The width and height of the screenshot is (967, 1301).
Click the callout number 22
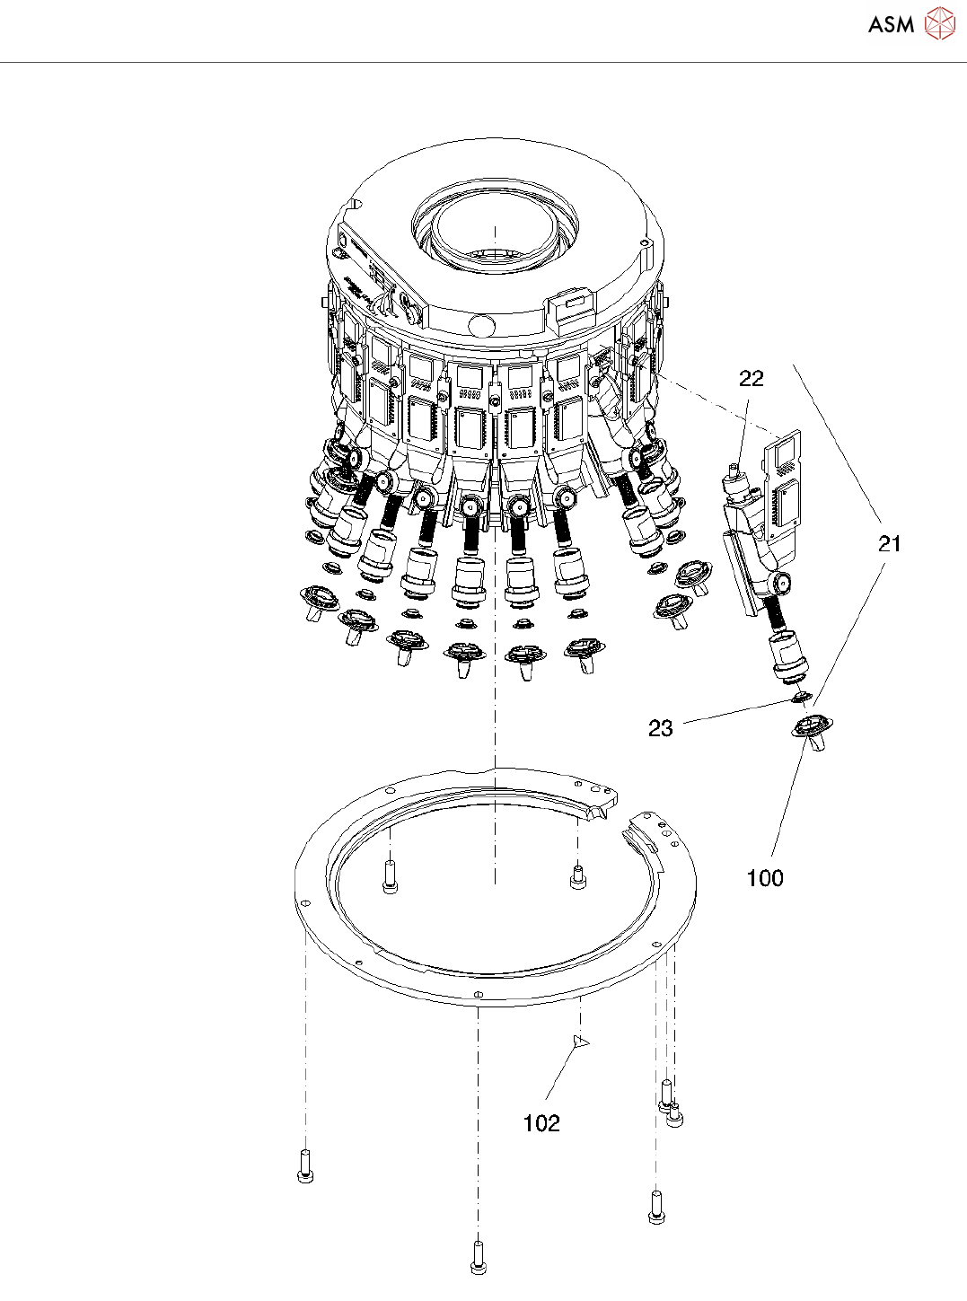[x=751, y=379]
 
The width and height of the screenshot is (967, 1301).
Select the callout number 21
[x=889, y=543]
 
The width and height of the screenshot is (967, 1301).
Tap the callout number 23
[x=660, y=728]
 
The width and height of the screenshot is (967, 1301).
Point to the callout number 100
[x=765, y=878]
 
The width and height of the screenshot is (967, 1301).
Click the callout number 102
[x=541, y=1123]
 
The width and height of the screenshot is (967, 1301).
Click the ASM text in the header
[x=891, y=25]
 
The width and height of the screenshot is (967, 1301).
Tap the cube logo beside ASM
[x=939, y=24]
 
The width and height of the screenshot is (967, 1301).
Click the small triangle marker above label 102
[x=580, y=1042]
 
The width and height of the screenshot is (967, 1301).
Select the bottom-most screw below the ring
[x=478, y=1256]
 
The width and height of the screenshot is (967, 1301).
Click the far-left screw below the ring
[x=305, y=1166]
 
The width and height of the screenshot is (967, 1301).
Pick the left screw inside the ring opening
[x=390, y=876]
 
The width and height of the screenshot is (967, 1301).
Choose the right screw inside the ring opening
[x=577, y=876]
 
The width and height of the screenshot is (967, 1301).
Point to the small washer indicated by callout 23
[x=802, y=697]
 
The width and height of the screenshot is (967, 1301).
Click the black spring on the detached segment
[x=778, y=613]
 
